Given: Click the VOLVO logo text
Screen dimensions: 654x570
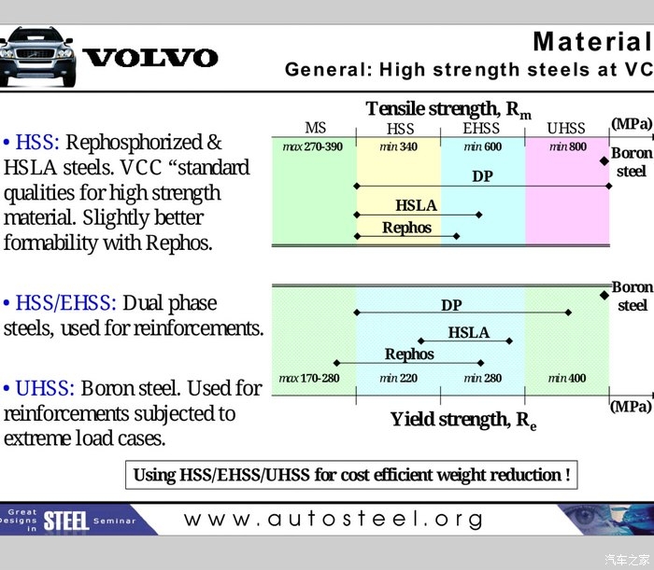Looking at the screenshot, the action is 150,58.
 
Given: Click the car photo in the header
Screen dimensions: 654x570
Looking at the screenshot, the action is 37,57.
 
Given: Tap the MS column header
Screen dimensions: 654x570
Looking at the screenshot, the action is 316,128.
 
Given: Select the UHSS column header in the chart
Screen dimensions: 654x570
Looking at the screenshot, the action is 566,128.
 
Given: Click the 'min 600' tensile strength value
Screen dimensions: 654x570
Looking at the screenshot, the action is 483,146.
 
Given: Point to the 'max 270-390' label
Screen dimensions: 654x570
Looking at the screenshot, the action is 312,146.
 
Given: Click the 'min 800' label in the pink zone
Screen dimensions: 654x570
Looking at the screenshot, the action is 568,146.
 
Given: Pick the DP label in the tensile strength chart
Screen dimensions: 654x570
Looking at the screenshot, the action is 483,176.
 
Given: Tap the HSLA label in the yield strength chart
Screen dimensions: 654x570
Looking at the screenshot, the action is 469,332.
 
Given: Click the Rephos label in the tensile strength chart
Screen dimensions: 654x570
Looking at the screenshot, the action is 406,228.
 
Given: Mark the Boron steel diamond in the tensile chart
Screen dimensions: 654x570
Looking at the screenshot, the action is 604,160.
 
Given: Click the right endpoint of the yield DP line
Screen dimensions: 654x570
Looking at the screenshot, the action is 568,313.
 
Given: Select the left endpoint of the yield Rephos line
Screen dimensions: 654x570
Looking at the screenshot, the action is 337,363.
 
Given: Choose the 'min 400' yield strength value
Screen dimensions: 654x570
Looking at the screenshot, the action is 567,378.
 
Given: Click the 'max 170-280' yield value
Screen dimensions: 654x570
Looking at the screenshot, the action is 309,378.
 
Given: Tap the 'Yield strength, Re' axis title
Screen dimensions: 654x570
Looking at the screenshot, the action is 463,420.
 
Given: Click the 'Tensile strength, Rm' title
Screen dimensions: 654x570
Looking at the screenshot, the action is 448,110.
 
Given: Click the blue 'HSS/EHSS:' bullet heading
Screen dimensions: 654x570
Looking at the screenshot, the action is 66,303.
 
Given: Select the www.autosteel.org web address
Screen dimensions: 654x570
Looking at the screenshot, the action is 334,520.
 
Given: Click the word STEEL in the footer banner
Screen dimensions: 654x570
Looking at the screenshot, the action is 66,521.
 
